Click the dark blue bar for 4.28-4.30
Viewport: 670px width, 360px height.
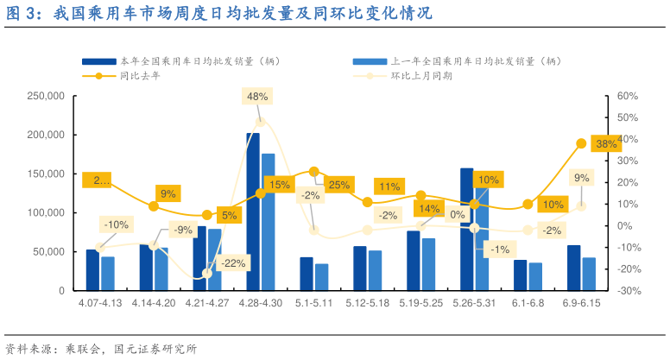pos(253,212)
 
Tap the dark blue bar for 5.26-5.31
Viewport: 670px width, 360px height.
pos(467,229)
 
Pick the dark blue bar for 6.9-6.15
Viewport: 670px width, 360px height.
pos(574,268)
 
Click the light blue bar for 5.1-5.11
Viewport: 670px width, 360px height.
pos(321,277)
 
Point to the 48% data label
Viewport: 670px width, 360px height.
pos(257,97)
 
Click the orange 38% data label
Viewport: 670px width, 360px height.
pos(606,143)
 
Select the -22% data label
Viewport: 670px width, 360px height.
pos(233,262)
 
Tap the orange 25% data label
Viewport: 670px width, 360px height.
pos(338,185)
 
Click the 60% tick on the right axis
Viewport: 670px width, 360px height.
pos(628,96)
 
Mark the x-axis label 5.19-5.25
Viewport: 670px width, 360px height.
pos(419,304)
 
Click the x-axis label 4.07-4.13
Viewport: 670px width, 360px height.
pos(99,304)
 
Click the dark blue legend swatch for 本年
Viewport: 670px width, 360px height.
pos(98,61)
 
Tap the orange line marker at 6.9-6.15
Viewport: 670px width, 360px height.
pos(581,143)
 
